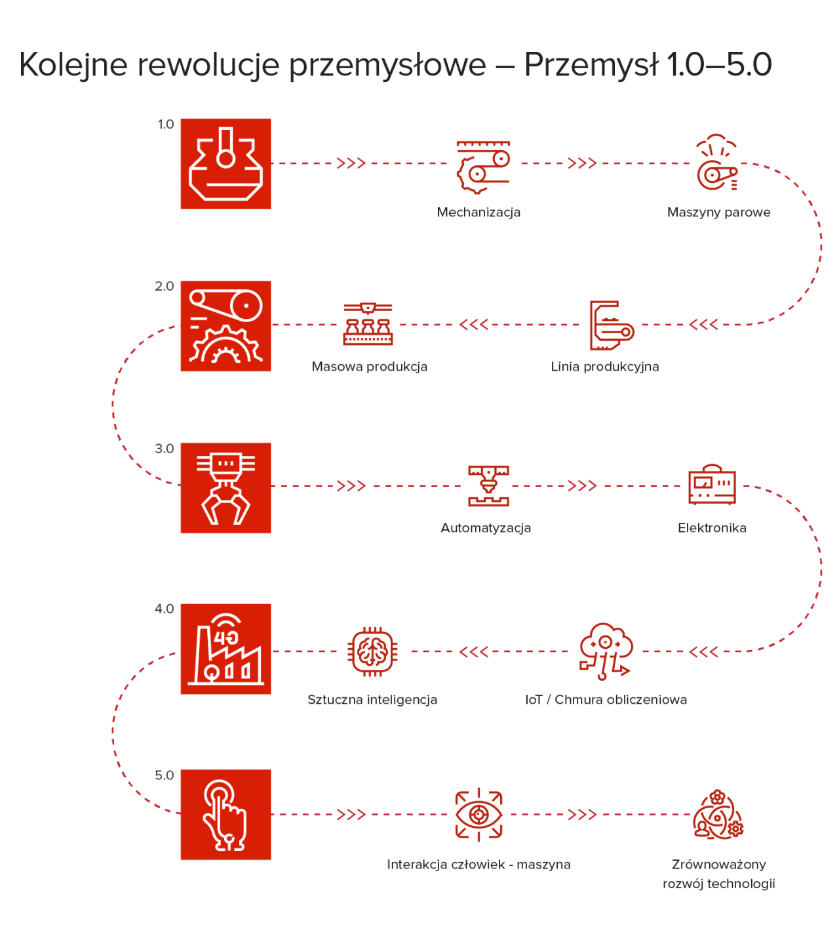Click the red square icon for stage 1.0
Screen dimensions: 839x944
(x=226, y=163)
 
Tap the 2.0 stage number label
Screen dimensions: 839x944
(x=165, y=286)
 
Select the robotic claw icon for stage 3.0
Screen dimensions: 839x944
(x=226, y=488)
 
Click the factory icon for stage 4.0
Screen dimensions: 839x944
(x=226, y=649)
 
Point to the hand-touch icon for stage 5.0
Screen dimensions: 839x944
(x=226, y=815)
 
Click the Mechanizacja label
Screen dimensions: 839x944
(x=478, y=213)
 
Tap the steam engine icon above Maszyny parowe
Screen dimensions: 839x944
(x=717, y=162)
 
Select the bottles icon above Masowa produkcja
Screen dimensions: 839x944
(x=368, y=324)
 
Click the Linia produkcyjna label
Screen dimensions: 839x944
(x=605, y=367)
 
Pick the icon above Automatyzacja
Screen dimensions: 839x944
(x=488, y=485)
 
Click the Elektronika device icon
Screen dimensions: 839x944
(x=712, y=484)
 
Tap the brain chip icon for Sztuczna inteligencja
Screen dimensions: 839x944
(x=372, y=651)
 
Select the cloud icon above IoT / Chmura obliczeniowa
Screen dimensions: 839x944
(x=606, y=651)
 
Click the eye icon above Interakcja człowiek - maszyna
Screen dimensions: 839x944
(x=478, y=815)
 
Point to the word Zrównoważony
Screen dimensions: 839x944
(x=719, y=865)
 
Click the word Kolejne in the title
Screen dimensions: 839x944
(x=73, y=65)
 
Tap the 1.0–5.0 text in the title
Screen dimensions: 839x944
(x=719, y=64)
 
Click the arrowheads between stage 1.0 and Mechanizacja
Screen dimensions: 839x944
(x=351, y=163)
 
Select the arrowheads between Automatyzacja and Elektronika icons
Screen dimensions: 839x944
(x=583, y=486)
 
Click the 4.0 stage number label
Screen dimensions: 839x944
(x=165, y=609)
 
